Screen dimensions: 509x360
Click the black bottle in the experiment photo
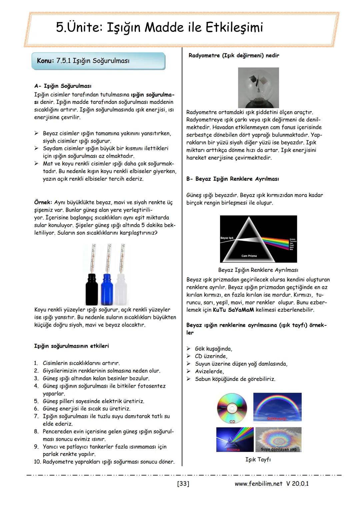click(x=92, y=288)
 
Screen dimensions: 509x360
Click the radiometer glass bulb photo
click(x=258, y=88)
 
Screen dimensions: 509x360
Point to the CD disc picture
click(x=232, y=408)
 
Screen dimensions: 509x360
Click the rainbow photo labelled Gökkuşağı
click(x=277, y=407)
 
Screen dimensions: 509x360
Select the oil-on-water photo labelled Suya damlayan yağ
click(x=278, y=440)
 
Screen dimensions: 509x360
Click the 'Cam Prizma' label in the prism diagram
click(x=249, y=256)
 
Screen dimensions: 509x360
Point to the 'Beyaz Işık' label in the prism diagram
click(x=227, y=238)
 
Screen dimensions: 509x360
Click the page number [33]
click(x=183, y=483)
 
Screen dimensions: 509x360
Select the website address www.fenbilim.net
click(x=258, y=483)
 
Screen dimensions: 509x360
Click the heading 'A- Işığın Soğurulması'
click(x=63, y=86)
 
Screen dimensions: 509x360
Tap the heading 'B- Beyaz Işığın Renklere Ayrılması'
click(x=232, y=179)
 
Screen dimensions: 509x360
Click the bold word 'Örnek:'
click(x=43, y=202)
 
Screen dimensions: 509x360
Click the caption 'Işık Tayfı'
click(x=258, y=459)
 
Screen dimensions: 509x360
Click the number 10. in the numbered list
click(x=37, y=462)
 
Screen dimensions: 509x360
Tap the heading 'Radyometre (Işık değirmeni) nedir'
click(x=234, y=55)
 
